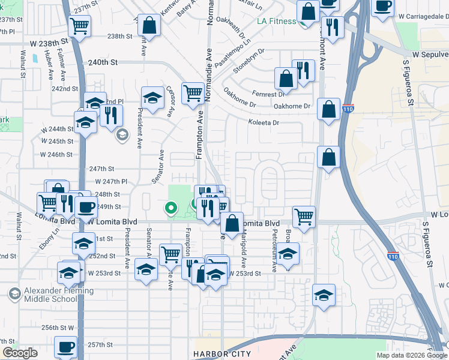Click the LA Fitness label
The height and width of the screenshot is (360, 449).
click(276, 21)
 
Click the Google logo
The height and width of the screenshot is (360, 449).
click(20, 353)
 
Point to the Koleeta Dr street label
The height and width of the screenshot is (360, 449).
click(264, 123)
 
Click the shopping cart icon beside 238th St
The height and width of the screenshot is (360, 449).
click(79, 26)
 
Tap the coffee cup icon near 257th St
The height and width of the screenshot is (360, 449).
click(65, 346)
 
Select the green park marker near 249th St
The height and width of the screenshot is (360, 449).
click(171, 209)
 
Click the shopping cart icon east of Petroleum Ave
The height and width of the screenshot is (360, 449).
click(304, 215)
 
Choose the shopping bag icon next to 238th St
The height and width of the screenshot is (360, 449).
click(149, 25)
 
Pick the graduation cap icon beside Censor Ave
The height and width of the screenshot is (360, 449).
click(153, 97)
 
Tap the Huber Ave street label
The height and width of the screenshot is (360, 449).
click(49, 67)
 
